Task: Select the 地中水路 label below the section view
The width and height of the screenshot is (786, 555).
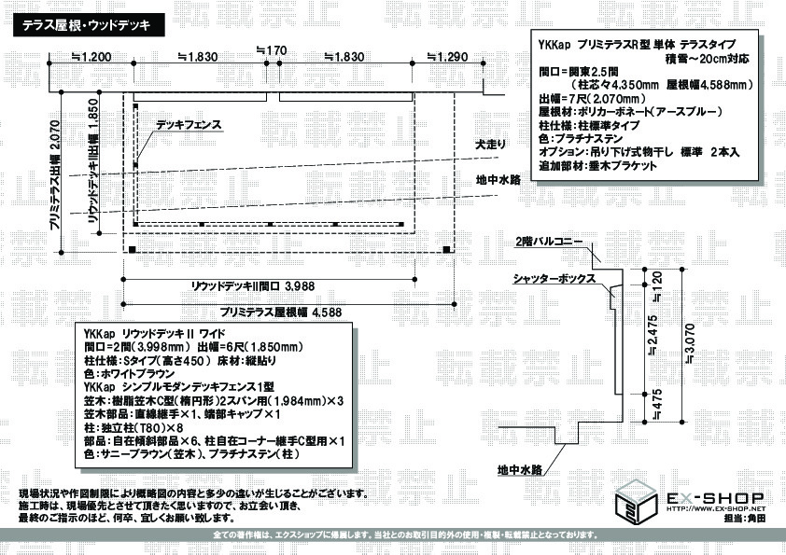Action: coord(519,469)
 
